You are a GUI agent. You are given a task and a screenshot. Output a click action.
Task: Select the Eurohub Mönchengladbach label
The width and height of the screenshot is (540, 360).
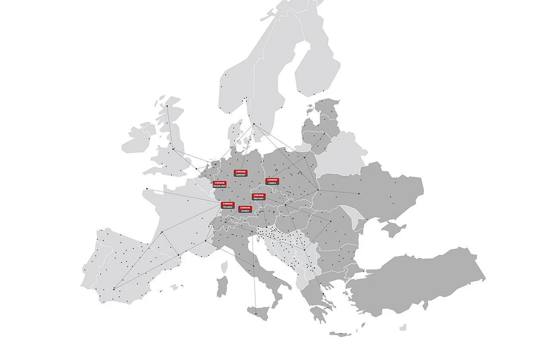click(x=220, y=184)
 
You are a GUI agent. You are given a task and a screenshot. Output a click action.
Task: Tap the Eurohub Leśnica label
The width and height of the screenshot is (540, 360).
click(x=272, y=181)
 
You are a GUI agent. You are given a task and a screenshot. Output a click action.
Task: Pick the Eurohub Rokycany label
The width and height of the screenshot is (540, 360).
click(x=259, y=196)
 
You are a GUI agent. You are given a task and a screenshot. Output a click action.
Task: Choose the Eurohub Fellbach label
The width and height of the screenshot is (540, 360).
click(x=228, y=205)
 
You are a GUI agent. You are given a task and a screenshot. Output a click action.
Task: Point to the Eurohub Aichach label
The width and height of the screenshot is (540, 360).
click(x=245, y=209)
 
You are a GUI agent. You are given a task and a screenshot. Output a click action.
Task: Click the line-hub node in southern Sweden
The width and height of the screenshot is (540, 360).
click(x=254, y=124)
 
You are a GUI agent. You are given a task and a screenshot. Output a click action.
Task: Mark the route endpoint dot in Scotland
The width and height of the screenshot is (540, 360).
click(x=167, y=106)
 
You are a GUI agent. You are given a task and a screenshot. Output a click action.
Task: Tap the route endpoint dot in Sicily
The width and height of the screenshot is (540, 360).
click(x=255, y=308)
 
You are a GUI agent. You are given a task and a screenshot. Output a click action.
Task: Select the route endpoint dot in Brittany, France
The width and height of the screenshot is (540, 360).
click(x=147, y=189)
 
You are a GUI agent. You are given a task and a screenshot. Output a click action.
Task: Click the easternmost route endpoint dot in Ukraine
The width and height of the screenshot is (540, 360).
click(x=359, y=193)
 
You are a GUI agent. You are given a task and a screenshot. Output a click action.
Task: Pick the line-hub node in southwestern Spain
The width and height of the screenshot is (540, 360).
click(x=114, y=289)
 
